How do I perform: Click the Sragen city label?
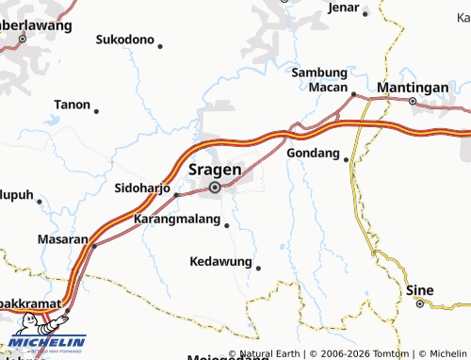(x=216, y=170)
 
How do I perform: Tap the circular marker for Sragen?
(x=215, y=188)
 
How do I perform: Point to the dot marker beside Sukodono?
(x=160, y=46)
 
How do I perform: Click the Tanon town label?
(x=73, y=105)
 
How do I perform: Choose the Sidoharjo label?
(x=141, y=188)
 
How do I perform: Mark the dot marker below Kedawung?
(x=257, y=269)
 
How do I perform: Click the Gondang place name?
(x=312, y=152)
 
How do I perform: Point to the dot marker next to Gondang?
(x=347, y=160)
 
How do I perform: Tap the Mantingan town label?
(x=412, y=87)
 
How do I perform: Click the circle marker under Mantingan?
(x=413, y=101)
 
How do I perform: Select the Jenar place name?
(x=345, y=8)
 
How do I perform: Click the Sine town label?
(x=420, y=290)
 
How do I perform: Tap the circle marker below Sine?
(x=420, y=304)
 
